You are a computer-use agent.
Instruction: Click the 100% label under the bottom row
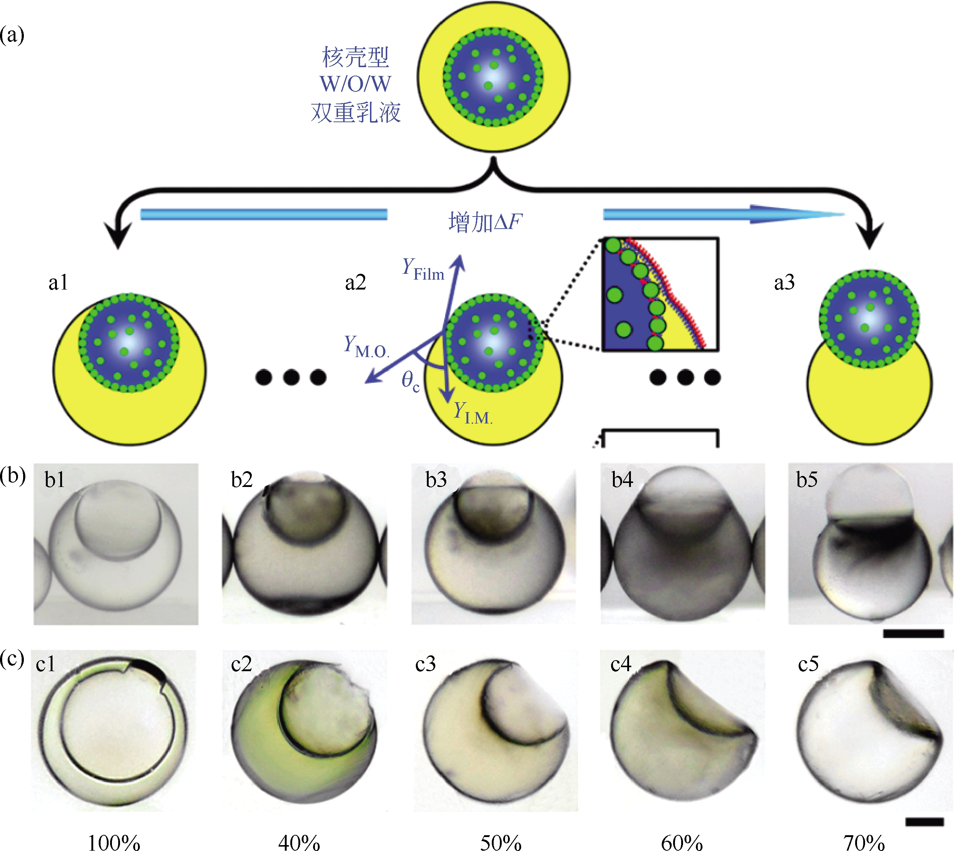click(x=114, y=842)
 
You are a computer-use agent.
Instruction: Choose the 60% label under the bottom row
click(x=682, y=842)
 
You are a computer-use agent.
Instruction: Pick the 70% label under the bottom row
click(x=864, y=842)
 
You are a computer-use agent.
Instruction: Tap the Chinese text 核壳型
click(x=355, y=57)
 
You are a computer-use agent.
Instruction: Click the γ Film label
click(x=423, y=269)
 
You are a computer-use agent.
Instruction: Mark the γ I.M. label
click(x=473, y=413)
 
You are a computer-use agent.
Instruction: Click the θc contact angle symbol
click(x=410, y=381)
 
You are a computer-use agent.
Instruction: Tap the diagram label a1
click(x=58, y=283)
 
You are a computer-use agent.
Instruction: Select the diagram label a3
click(x=784, y=283)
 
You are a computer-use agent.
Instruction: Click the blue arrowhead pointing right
click(x=795, y=215)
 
